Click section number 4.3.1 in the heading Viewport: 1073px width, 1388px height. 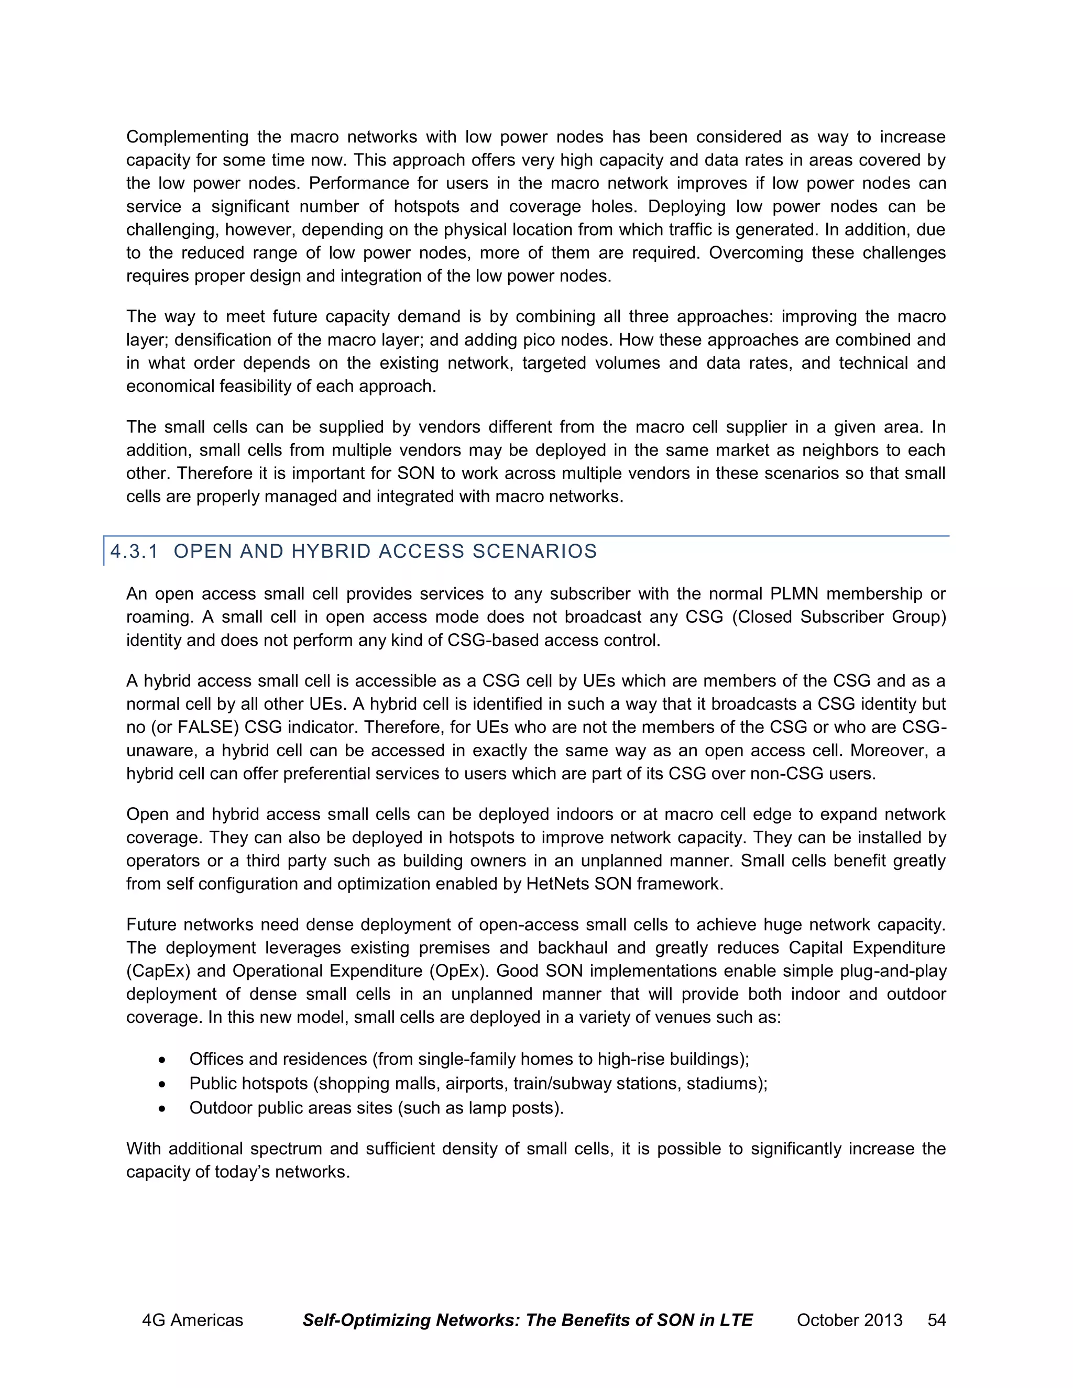click(134, 551)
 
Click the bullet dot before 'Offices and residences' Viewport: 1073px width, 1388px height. click(163, 1060)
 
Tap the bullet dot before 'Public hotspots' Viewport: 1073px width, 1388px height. click(163, 1084)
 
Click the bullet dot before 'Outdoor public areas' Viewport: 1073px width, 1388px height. click(163, 1108)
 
